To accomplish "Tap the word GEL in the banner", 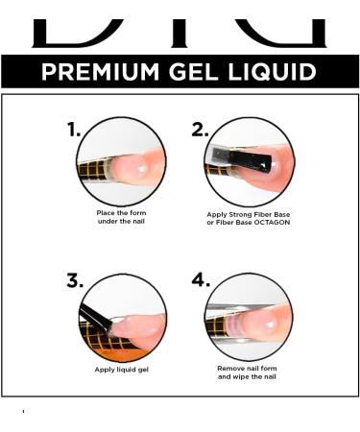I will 203,72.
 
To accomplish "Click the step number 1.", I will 74,131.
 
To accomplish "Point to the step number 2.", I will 200,131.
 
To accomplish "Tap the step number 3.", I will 75,281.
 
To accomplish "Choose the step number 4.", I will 200,280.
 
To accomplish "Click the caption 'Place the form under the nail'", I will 121,217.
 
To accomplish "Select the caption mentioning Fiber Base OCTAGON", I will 249,219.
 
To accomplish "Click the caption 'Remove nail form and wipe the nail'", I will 249,372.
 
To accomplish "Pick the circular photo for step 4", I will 249,316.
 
